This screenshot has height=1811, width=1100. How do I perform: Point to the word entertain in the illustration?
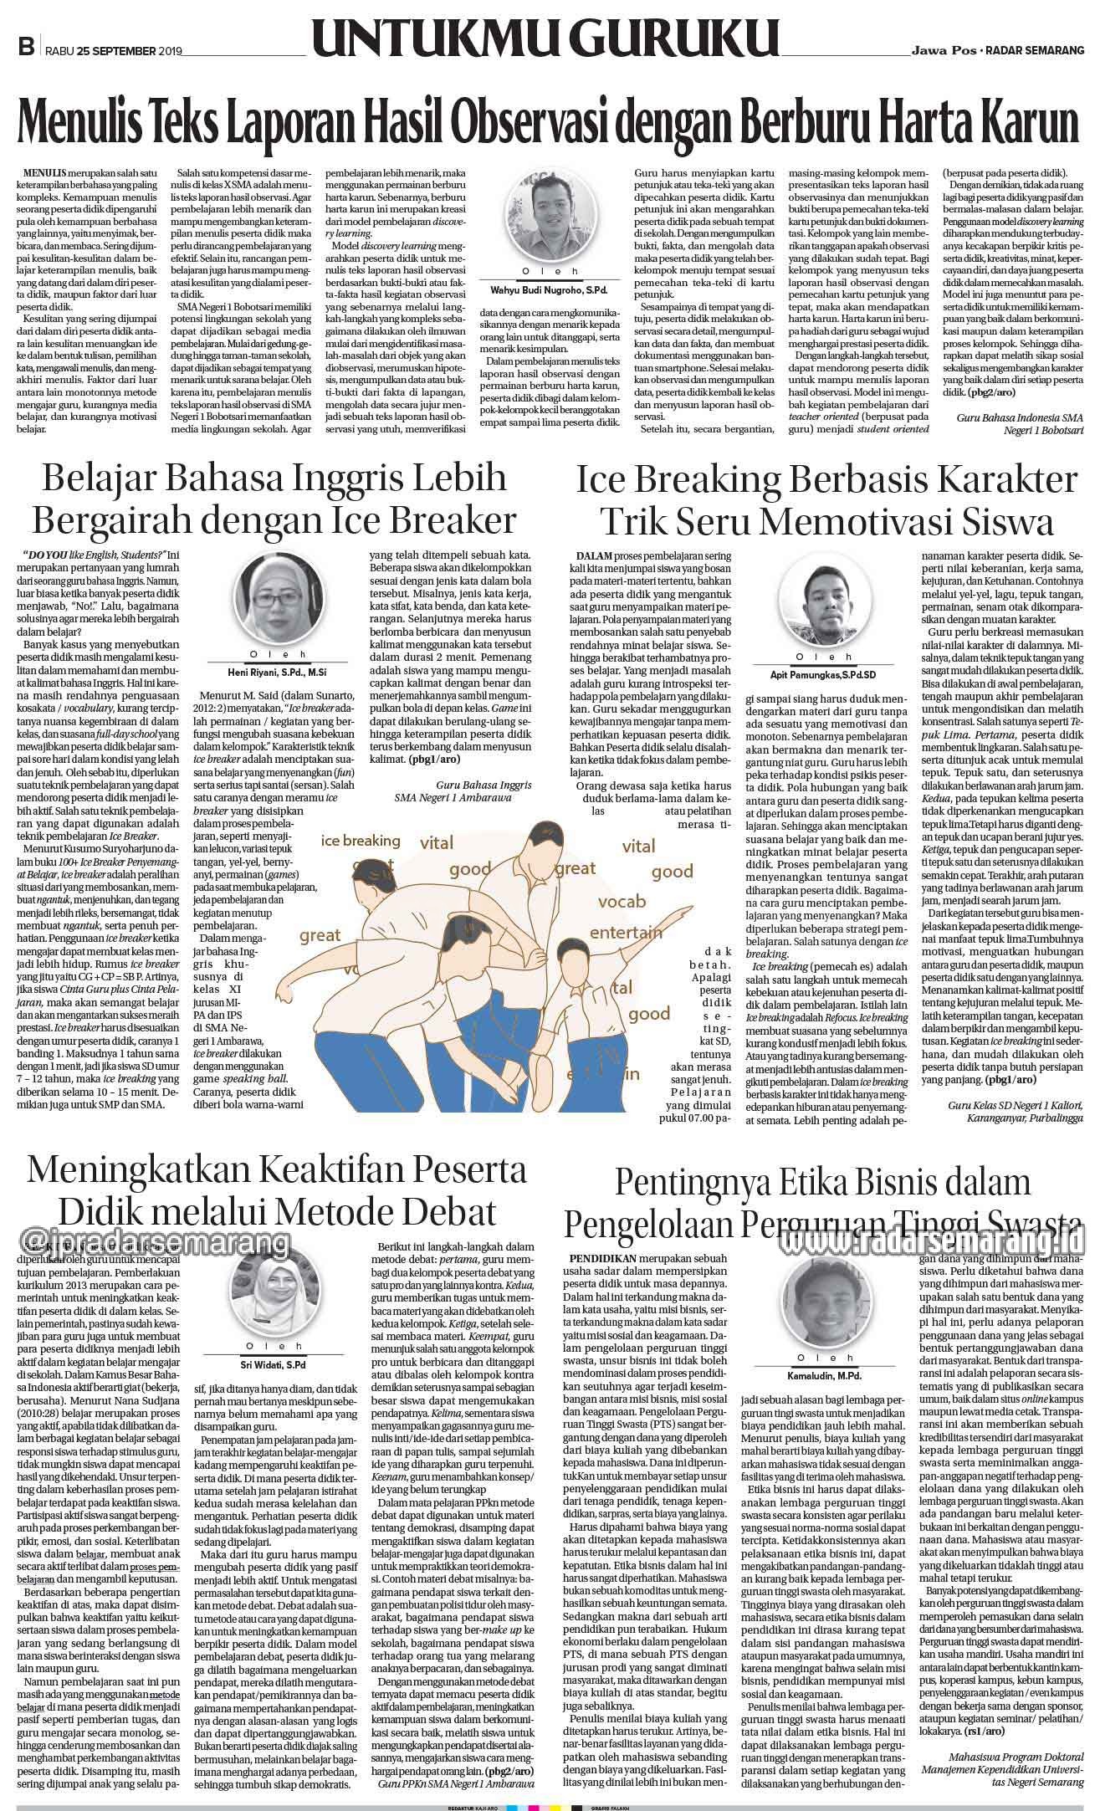(x=626, y=933)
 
